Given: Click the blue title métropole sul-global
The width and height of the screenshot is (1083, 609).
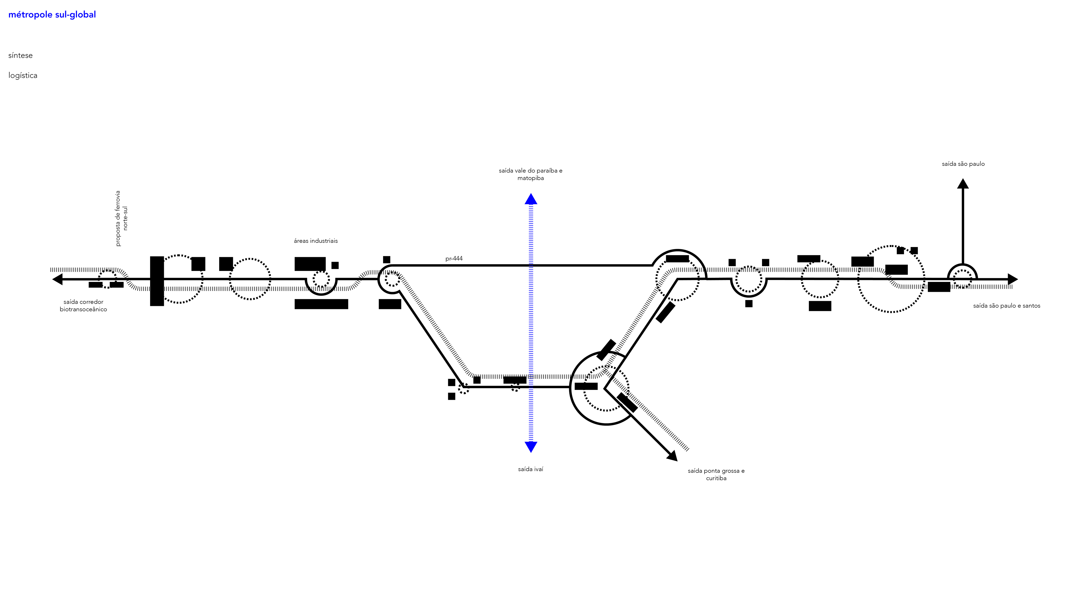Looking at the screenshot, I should click(x=52, y=15).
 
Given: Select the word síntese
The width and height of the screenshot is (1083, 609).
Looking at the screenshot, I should click(x=20, y=56).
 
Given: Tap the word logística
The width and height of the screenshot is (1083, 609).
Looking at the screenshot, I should click(x=23, y=76).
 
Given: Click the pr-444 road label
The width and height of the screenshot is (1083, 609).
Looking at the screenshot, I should click(x=454, y=259).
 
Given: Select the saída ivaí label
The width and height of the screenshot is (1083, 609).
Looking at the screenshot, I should click(x=530, y=469).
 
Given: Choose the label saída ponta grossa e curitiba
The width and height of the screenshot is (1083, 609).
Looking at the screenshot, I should click(x=716, y=475).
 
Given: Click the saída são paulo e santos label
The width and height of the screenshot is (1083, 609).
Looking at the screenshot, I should click(x=1007, y=306).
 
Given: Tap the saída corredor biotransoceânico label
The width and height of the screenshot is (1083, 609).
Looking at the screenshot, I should click(x=83, y=306).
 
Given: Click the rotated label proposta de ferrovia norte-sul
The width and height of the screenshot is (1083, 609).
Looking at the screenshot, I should click(x=121, y=219).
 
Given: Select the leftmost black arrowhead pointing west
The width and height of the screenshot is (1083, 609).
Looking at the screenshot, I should click(x=58, y=279).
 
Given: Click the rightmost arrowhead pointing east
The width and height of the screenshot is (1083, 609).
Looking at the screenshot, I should click(x=1012, y=279).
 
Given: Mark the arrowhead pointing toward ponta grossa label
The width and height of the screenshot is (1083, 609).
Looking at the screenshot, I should click(x=672, y=456).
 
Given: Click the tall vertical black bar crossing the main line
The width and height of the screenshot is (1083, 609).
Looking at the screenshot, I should click(x=157, y=281).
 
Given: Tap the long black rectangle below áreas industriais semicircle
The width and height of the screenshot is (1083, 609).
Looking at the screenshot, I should click(x=321, y=304).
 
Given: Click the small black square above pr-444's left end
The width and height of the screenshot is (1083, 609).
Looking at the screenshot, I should click(x=386, y=260).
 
